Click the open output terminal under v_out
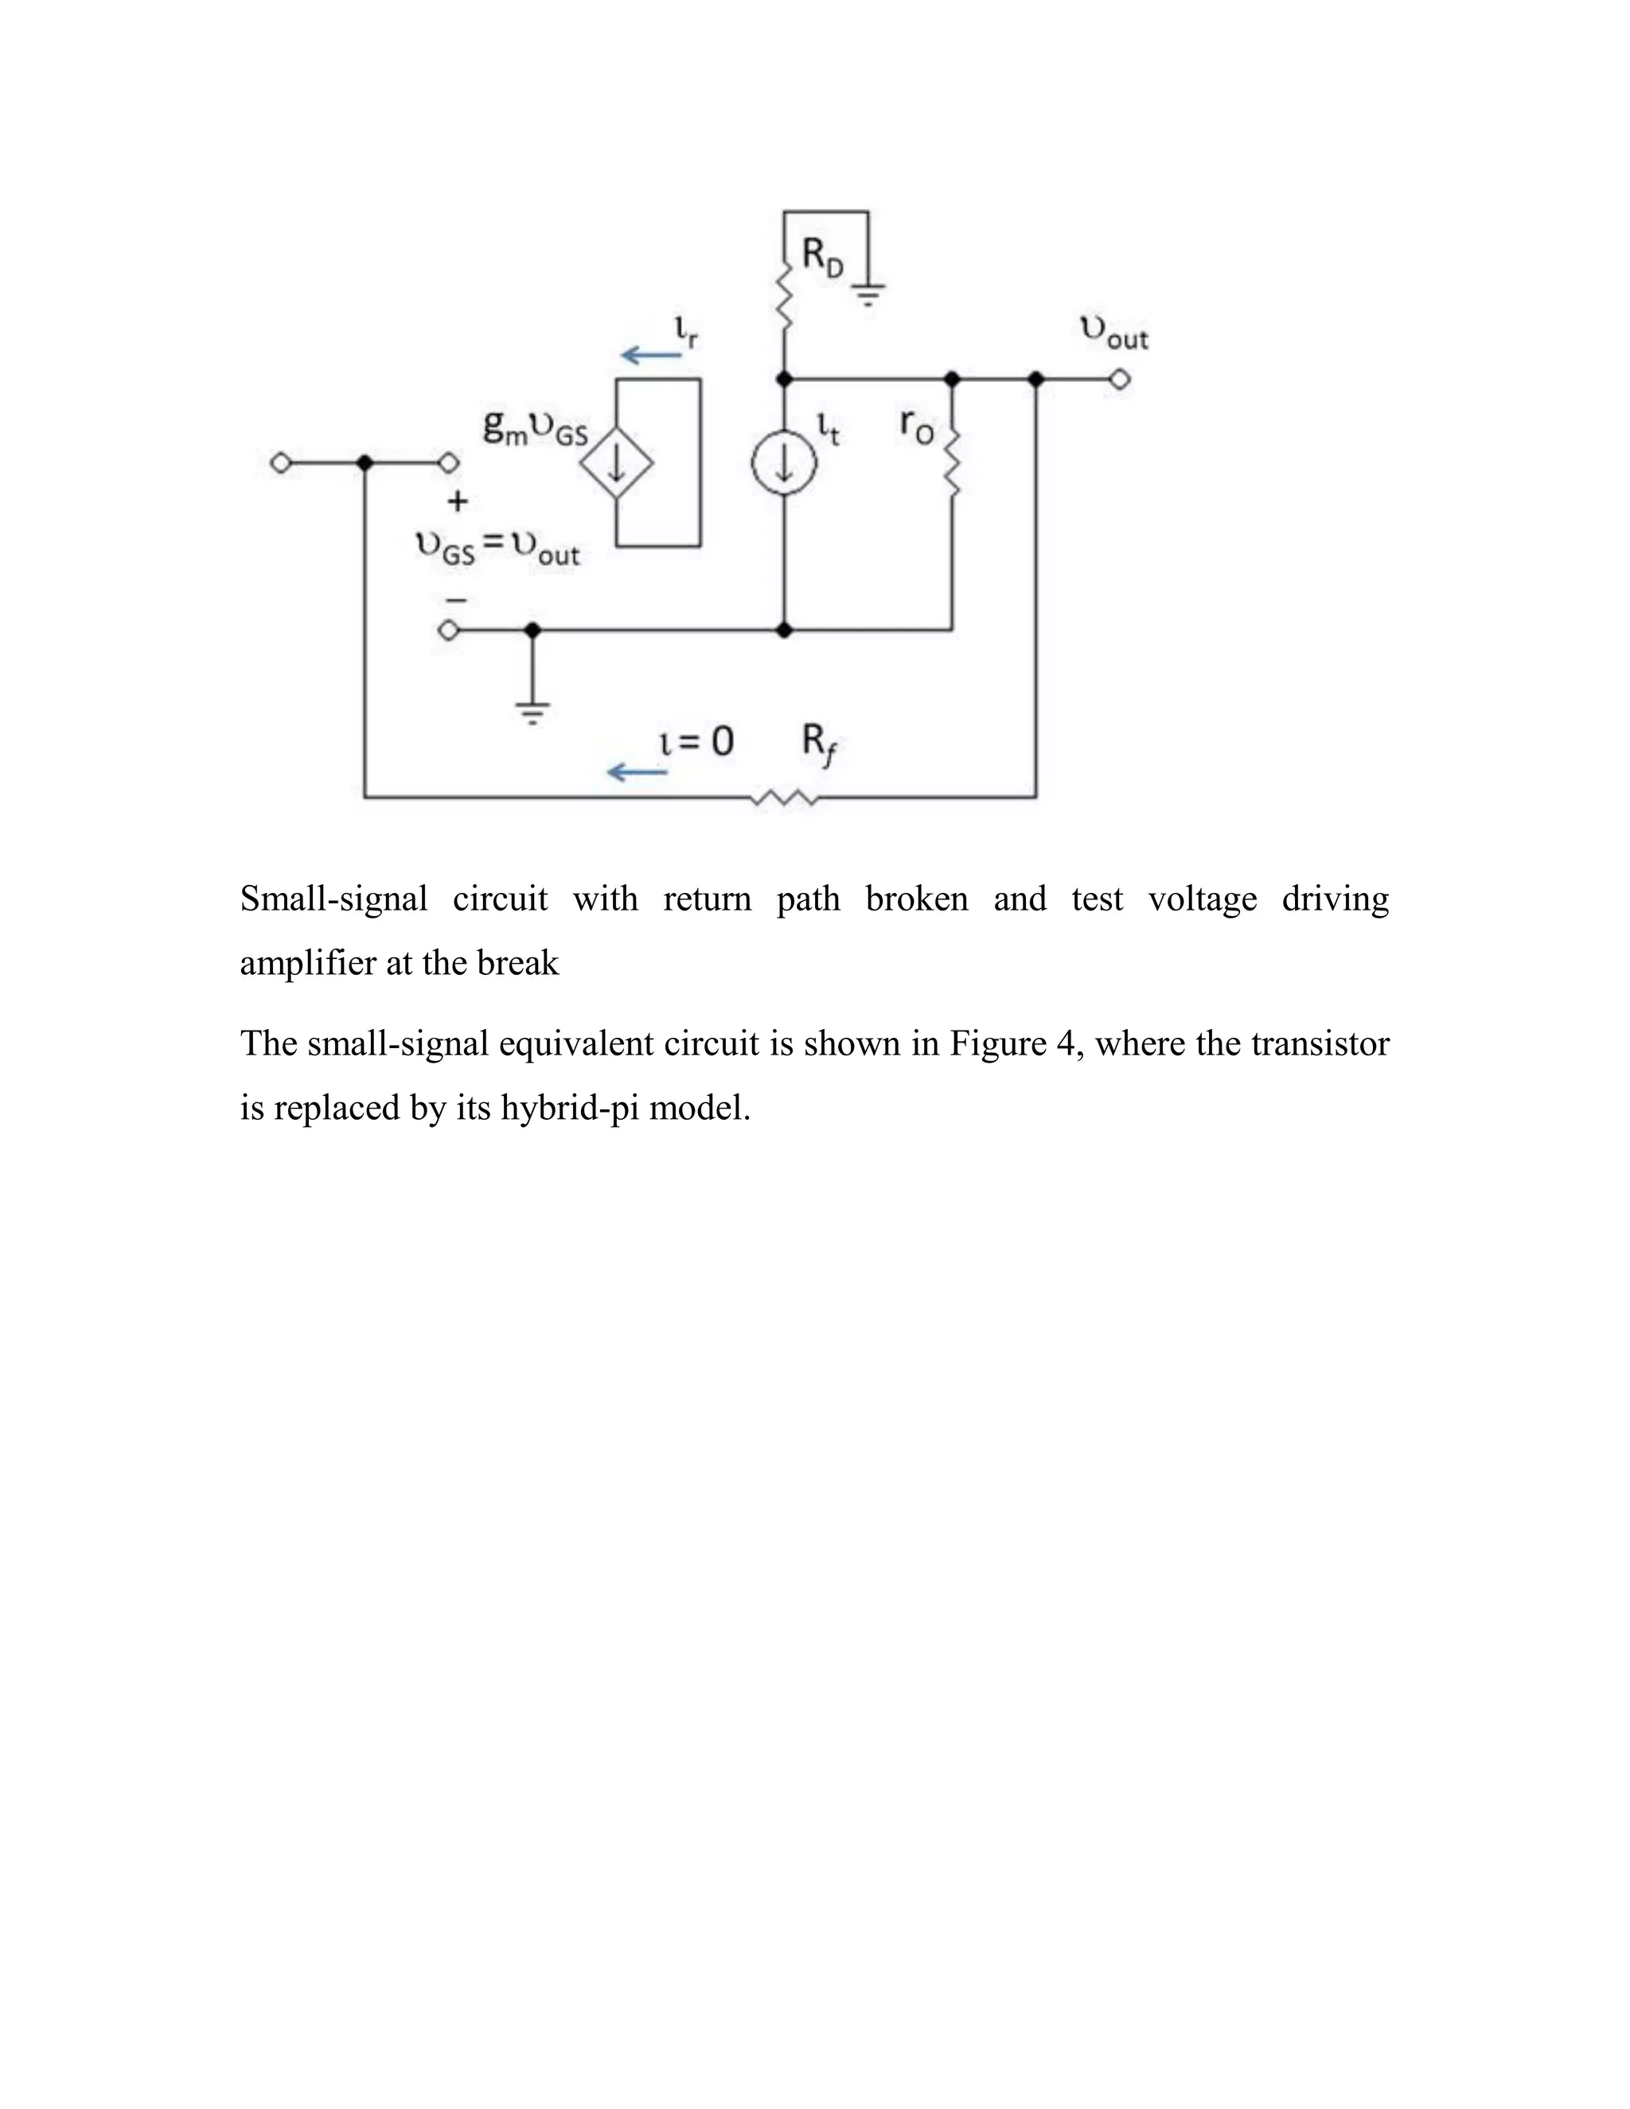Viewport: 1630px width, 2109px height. (x=1119, y=380)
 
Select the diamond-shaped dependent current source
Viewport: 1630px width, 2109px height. (x=616, y=463)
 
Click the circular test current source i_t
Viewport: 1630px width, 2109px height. (x=784, y=463)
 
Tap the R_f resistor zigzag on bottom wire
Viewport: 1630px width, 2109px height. (x=784, y=797)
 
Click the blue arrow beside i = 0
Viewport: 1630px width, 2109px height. (x=637, y=771)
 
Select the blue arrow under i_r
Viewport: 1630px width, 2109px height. (x=651, y=356)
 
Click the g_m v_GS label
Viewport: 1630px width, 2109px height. (x=535, y=428)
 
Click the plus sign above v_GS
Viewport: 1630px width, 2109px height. (x=458, y=501)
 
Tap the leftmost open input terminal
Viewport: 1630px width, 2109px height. (x=280, y=463)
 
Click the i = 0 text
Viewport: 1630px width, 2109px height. (x=696, y=741)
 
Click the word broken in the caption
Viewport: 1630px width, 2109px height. (x=915, y=899)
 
